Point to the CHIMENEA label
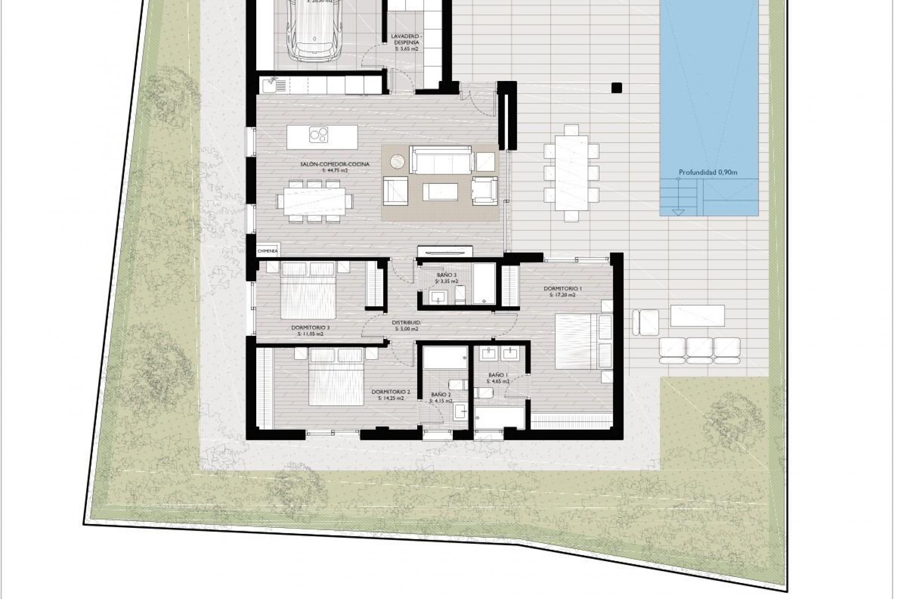(x=268, y=251)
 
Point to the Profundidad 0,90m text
(x=708, y=172)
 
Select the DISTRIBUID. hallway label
(x=406, y=322)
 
